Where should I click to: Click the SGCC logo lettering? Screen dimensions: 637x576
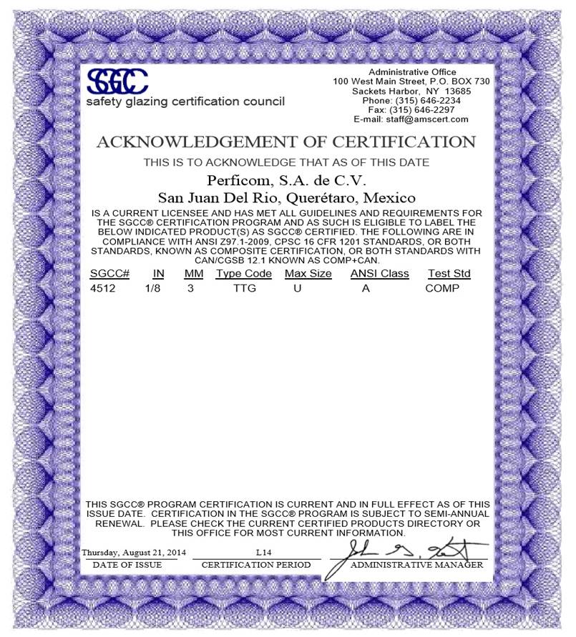pos(117,81)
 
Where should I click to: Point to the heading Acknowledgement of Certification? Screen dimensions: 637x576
pos(285,142)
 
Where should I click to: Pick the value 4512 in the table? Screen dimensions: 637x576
pos(102,288)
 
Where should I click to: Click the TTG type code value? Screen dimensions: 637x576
pos(244,288)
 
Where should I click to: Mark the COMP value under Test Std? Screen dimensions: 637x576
pos(441,288)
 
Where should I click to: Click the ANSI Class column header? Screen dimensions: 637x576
pos(379,274)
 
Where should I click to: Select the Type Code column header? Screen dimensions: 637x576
pos(244,274)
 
